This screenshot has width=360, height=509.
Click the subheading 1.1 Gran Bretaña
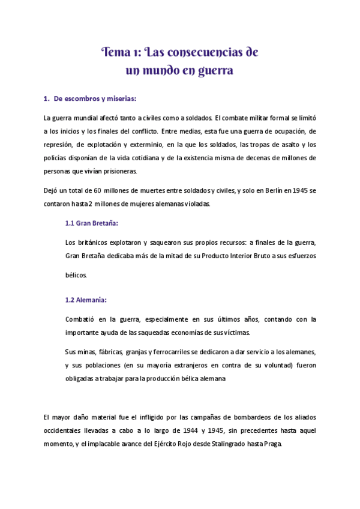91,223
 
